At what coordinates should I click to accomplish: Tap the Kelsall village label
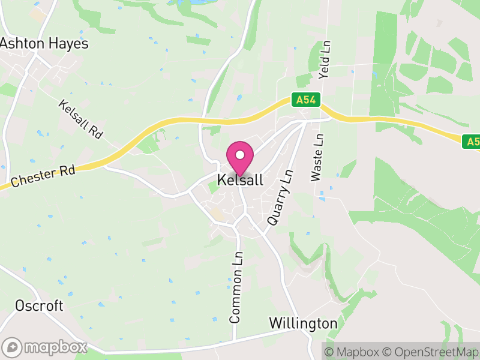[240, 180]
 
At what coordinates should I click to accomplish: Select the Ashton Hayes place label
[44, 44]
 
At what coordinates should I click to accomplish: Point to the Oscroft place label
[40, 306]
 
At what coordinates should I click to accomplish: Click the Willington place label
[303, 323]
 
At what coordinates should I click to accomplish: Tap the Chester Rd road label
[43, 175]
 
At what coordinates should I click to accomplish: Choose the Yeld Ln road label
[325, 61]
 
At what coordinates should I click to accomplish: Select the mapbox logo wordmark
[55, 347]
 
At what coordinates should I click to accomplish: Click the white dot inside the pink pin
[240, 155]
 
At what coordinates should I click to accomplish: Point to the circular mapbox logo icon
[13, 347]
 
